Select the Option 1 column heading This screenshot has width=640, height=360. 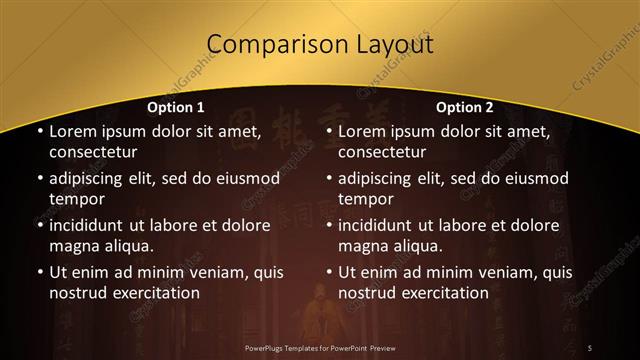pos(176,107)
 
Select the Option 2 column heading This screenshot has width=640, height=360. pos(466,107)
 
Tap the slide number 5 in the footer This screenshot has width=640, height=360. pos(590,347)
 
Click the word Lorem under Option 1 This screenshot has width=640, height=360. pos(72,132)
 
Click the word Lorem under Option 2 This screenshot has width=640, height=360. pos(362,132)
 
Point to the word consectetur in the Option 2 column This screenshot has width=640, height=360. pos(383,152)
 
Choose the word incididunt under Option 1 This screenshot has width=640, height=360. pos(93,225)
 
